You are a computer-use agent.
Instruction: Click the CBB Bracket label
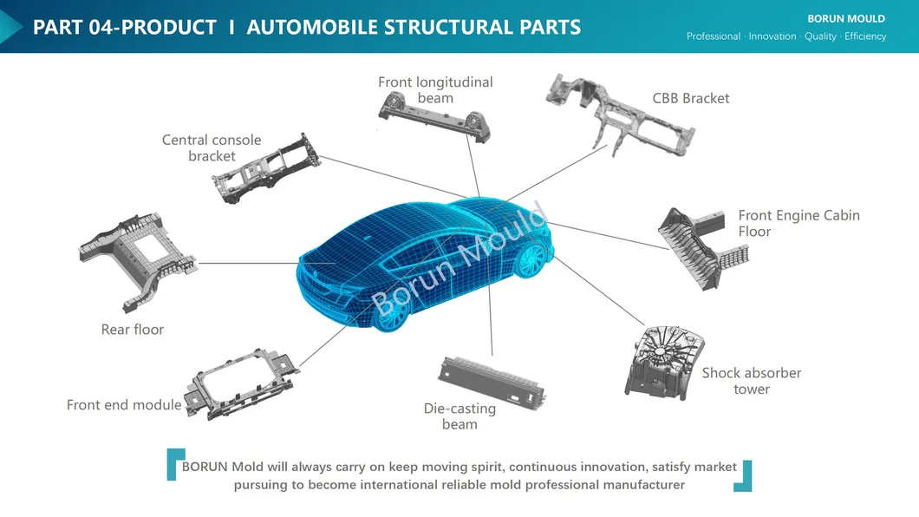coord(690,98)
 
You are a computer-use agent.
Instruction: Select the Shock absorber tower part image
coord(661,363)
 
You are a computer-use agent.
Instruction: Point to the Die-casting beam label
coord(459,416)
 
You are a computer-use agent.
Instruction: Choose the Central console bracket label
coord(212,147)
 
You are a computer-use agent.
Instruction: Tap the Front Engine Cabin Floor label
coord(798,223)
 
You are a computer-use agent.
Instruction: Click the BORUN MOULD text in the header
coord(845,18)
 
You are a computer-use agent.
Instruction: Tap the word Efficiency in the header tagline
coord(865,36)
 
